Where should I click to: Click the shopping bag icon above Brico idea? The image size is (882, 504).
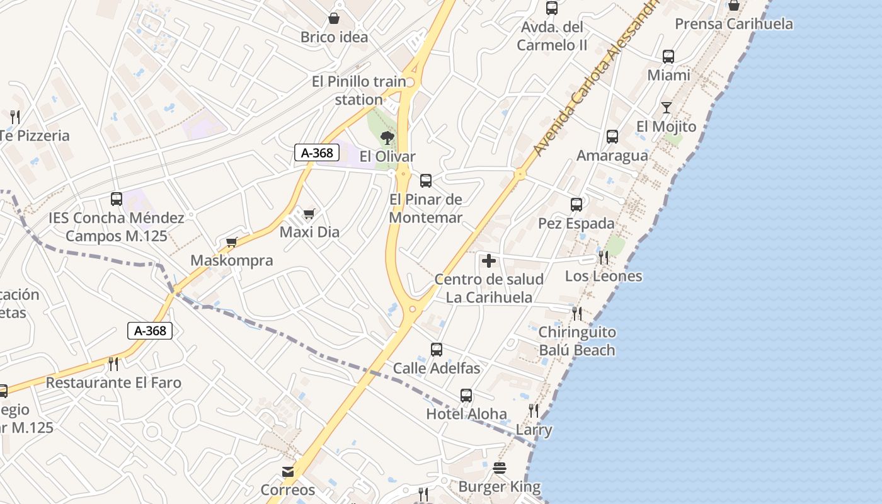coord(334,19)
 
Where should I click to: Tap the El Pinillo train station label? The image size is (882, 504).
coord(359,91)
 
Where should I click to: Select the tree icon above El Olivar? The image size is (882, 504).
coord(387,137)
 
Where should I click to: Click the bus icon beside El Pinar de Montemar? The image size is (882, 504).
coord(426,181)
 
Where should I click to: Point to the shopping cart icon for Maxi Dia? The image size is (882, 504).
coord(309,214)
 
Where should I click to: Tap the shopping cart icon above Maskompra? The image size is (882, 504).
coord(232,243)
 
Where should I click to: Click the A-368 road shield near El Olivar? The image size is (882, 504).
coord(318,152)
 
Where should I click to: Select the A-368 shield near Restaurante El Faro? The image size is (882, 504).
coord(150,331)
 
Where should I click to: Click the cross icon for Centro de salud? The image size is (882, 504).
coord(489,261)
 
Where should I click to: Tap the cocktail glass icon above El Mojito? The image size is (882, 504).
coord(667,108)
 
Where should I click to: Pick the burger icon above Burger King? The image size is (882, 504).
coord(500,468)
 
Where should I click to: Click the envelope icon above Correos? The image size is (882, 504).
coord(288,472)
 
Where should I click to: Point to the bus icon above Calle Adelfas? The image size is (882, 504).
coord(437,350)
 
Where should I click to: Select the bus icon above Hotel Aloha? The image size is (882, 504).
coord(466,396)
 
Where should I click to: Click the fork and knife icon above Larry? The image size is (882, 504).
coord(534,411)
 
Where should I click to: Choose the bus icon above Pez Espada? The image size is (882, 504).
coord(576,205)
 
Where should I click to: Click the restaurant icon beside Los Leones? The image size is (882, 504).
coord(604,257)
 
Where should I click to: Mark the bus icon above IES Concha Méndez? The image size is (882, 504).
coord(117,199)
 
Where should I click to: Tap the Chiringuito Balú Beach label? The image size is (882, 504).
coord(577,341)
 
